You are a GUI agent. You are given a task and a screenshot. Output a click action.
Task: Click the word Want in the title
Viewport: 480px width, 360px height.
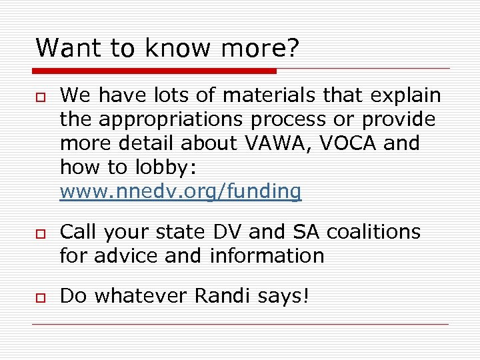pyautogui.click(x=63, y=47)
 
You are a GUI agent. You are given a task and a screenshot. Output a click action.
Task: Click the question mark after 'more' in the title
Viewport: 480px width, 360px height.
pyautogui.click(x=293, y=47)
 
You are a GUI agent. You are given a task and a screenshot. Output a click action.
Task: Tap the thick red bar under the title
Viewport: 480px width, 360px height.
pyautogui.click(x=154, y=71)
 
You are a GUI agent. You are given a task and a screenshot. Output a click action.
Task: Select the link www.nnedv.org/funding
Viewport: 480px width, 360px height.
pyautogui.click(x=181, y=192)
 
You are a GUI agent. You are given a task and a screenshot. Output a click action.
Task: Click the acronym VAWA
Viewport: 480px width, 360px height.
pyautogui.click(x=268, y=143)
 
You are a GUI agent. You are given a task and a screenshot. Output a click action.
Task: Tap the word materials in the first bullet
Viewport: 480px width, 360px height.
pyautogui.click(x=269, y=96)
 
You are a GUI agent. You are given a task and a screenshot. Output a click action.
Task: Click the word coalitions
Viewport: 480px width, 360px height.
pyautogui.click(x=374, y=232)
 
